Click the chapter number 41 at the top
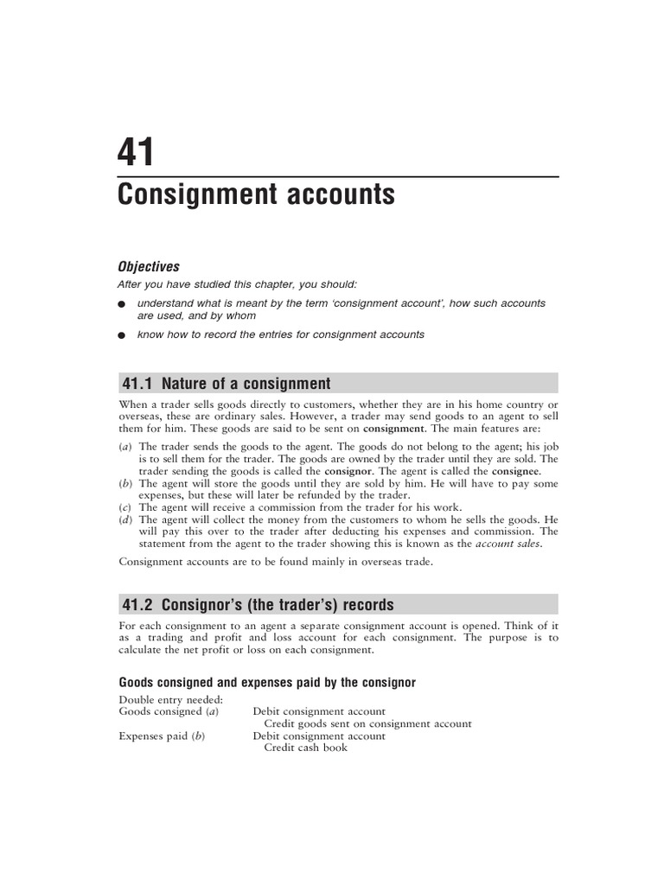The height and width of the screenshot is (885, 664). click(x=136, y=152)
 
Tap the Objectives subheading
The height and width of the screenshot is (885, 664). click(x=149, y=267)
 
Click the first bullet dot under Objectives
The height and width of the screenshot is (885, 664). click(x=123, y=305)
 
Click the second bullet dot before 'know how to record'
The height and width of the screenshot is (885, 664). click(x=123, y=335)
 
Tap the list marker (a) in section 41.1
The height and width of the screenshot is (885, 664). click(x=124, y=447)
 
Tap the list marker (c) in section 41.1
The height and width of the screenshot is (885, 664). click(x=124, y=507)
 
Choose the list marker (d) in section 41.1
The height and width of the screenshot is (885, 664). click(x=124, y=519)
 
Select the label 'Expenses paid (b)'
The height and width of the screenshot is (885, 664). click(x=162, y=735)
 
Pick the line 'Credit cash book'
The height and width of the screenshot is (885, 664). click(x=305, y=748)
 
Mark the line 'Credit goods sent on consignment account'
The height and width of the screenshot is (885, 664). click(x=367, y=723)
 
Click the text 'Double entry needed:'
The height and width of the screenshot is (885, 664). click(x=171, y=699)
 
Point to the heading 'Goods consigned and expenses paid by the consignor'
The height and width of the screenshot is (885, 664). click(x=266, y=683)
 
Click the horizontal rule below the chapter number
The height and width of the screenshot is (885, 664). click(x=338, y=177)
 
